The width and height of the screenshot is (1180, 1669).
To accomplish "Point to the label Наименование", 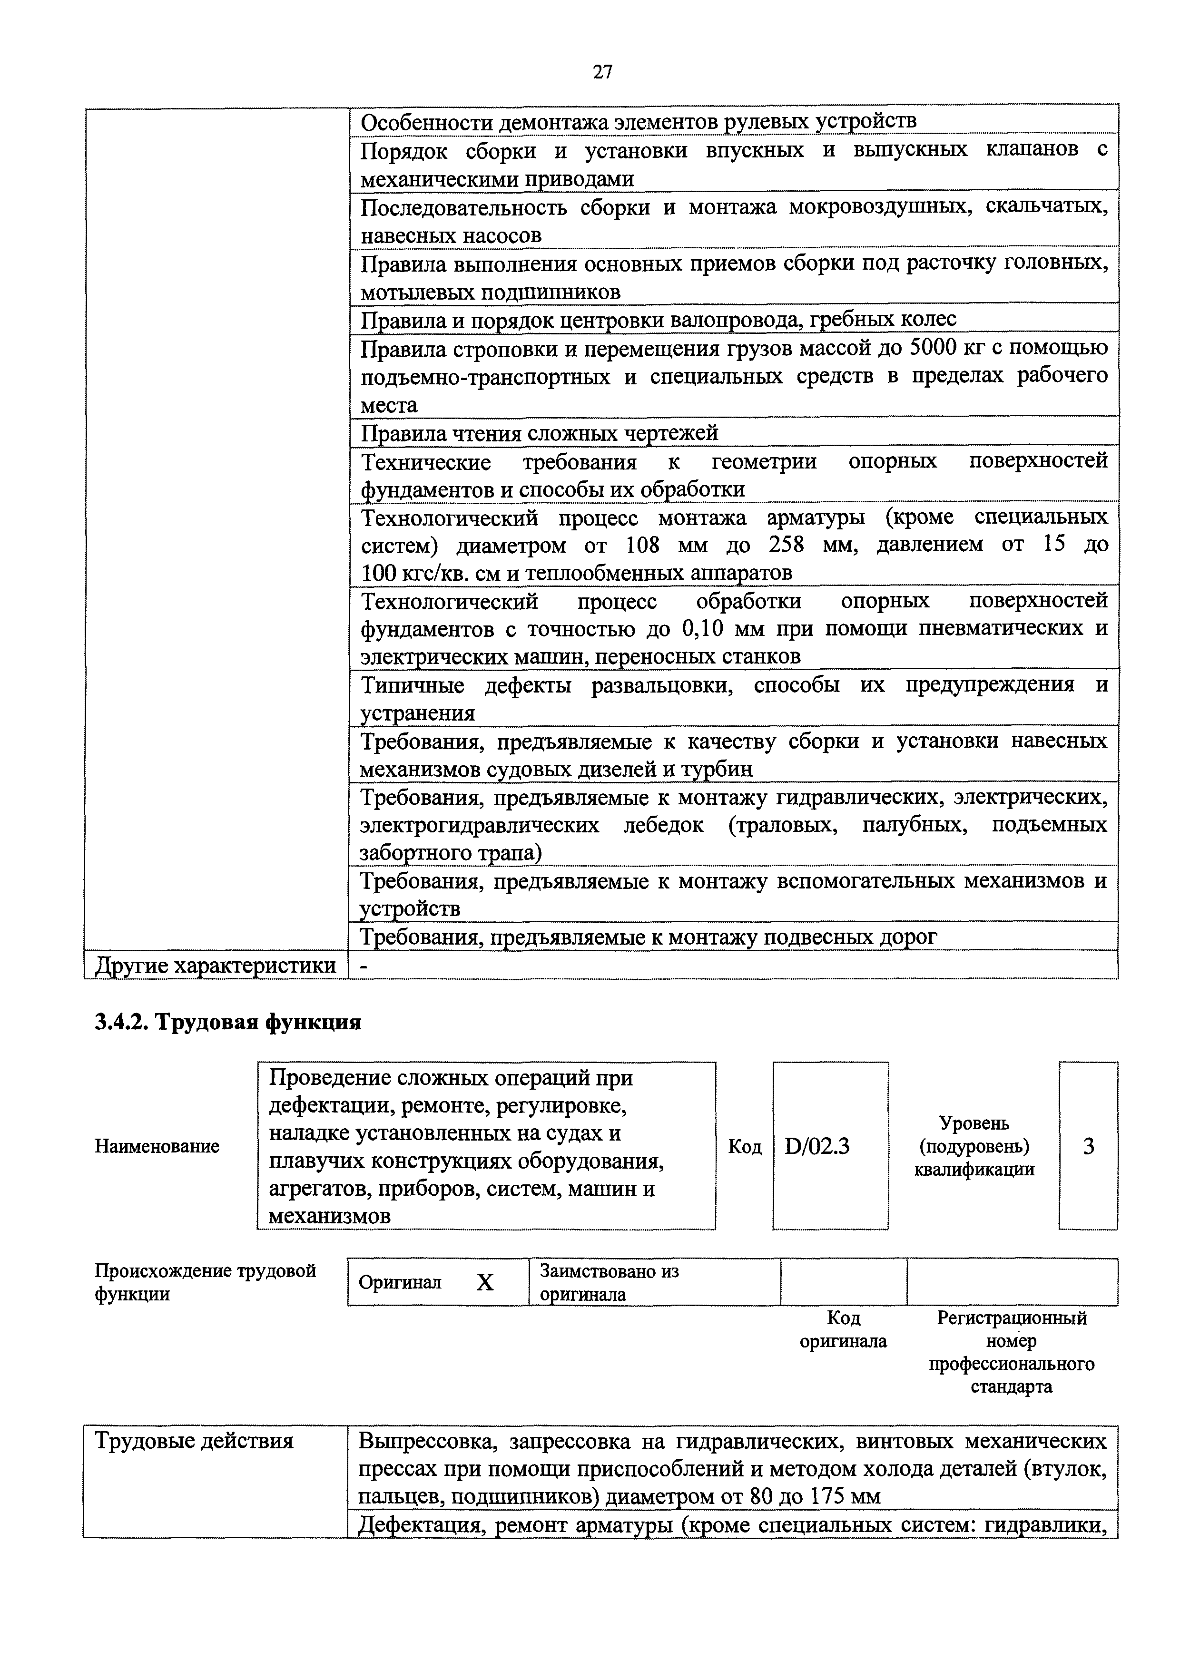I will pos(157,1146).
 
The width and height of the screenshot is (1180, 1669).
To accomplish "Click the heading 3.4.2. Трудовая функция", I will pos(228,1023).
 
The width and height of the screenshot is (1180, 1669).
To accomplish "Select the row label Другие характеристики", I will pos(216,966).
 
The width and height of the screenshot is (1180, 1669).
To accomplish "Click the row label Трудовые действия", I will pos(194,1442).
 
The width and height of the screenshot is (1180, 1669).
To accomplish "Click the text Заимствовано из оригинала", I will pos(609,1283).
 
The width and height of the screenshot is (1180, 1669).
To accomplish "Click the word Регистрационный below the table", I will pos(1012,1318).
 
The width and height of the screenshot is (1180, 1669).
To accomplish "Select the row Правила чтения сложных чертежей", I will pos(540,433).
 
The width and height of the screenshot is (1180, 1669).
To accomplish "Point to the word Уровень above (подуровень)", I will pos(974,1123).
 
